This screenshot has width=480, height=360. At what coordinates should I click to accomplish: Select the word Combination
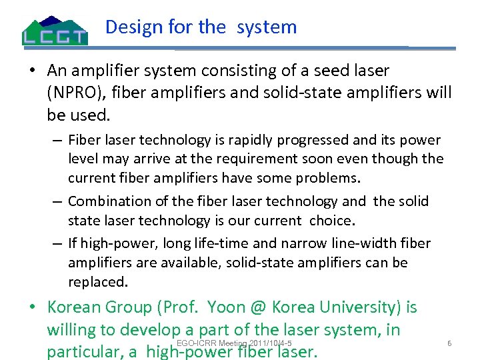point(109,201)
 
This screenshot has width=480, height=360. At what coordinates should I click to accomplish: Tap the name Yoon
point(227,307)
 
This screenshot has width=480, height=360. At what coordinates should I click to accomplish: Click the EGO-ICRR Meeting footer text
point(225,343)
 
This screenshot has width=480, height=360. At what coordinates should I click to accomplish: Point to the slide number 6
point(449,343)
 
